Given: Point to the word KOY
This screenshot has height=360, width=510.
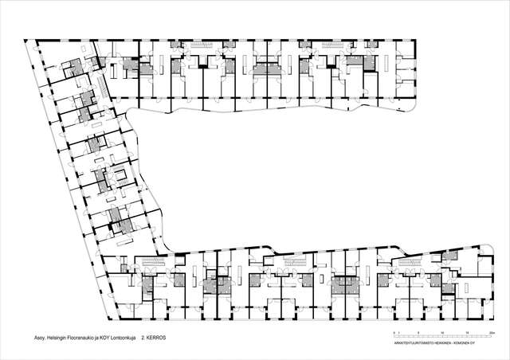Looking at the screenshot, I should tap(116, 337).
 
